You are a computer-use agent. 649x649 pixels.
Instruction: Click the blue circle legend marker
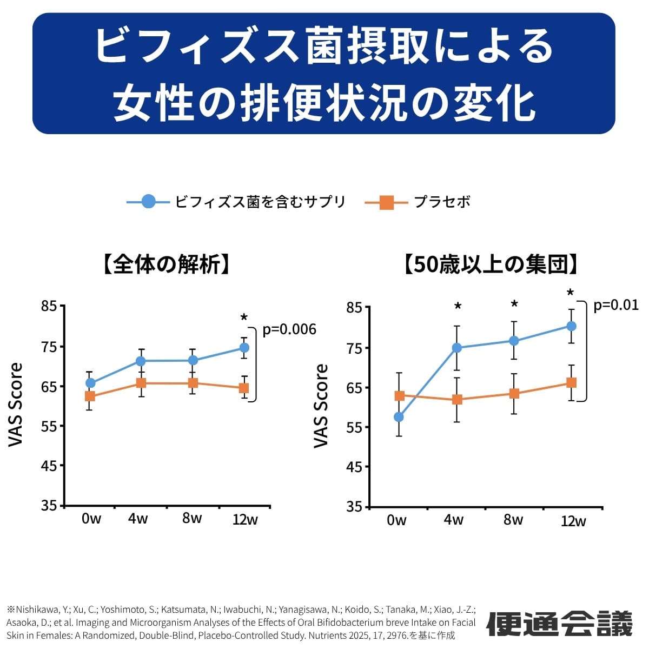(148, 202)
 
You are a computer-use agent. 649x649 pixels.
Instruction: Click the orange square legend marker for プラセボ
(386, 202)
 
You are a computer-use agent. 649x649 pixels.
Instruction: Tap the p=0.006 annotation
(289, 329)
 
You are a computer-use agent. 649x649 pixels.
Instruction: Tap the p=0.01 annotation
(615, 305)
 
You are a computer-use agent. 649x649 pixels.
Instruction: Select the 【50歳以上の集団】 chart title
(493, 265)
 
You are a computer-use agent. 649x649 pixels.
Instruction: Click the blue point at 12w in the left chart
(244, 348)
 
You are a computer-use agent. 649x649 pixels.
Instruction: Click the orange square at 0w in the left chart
(90, 396)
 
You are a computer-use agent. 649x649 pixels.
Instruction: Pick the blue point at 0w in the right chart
(399, 417)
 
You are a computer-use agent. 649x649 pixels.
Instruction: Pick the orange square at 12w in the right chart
(571, 382)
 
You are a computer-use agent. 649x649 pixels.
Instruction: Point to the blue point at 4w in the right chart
(457, 348)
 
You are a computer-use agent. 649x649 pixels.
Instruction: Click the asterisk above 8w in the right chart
(514, 304)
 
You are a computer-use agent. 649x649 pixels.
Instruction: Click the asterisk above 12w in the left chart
(244, 317)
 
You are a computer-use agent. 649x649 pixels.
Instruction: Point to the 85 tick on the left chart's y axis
(49, 307)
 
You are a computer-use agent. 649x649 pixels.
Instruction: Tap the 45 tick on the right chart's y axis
(354, 467)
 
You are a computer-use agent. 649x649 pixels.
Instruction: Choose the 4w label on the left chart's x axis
(138, 519)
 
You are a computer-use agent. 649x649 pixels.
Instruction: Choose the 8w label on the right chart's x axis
(513, 520)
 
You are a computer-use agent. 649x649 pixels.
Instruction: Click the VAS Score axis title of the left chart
(16, 405)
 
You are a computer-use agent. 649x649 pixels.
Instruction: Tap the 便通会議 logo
(560, 624)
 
